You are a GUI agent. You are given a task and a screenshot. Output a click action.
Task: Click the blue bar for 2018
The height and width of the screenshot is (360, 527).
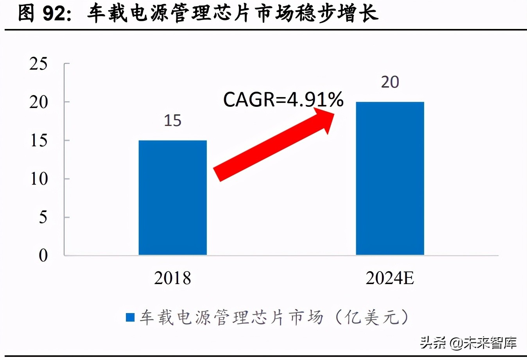coord(172,198)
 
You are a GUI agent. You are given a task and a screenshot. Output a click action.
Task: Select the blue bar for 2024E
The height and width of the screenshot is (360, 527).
coord(390,178)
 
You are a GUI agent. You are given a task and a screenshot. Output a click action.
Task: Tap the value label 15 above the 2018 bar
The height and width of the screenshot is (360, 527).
coord(172,121)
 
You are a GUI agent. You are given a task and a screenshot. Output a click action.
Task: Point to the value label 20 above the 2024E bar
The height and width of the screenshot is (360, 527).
coord(390,82)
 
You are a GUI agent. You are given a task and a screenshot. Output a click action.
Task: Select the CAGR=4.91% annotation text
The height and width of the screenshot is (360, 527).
coord(283,99)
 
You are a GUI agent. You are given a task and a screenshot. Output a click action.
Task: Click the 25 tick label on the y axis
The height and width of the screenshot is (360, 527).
coord(38,64)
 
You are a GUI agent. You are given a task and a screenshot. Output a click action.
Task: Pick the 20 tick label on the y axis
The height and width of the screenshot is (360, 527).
coord(38,102)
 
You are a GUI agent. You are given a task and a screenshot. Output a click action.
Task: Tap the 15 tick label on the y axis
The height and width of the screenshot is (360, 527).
coord(38,140)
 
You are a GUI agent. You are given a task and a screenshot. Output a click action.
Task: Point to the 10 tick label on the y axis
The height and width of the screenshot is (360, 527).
coord(38,179)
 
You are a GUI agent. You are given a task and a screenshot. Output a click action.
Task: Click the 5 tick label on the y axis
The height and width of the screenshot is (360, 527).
coord(43,217)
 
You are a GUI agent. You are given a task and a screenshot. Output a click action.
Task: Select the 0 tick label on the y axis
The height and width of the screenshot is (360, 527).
coord(43,256)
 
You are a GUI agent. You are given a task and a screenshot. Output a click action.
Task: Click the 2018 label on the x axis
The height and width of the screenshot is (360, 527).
coord(172,278)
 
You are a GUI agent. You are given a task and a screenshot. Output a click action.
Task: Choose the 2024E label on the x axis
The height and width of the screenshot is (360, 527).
coord(390,278)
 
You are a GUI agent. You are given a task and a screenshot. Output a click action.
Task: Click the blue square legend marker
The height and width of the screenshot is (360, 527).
coord(130,317)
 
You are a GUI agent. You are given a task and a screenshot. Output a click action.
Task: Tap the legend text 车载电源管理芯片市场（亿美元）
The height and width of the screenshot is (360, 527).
coord(274,317)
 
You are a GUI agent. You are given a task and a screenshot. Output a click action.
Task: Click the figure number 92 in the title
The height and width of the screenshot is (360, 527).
coord(54,14)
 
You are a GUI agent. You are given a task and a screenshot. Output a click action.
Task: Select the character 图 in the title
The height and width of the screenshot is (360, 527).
coord(27,14)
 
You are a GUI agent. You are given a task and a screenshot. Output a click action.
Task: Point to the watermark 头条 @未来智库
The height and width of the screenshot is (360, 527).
coord(468,343)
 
